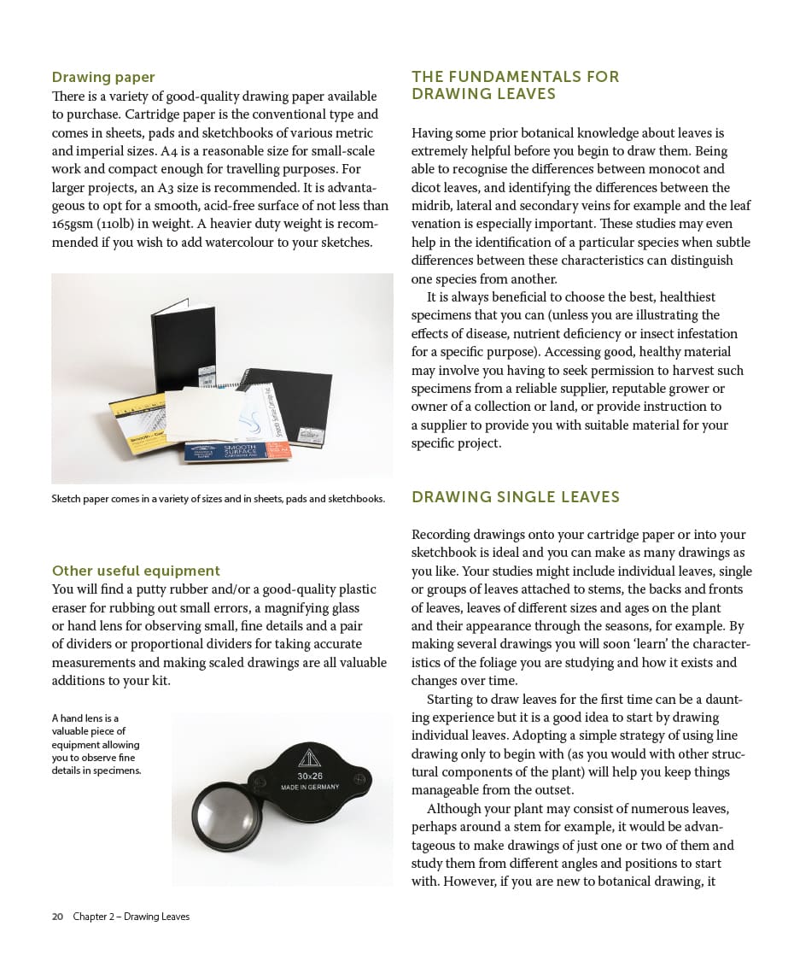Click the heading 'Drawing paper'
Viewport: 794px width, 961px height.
click(103, 78)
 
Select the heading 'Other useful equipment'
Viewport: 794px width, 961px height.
click(136, 571)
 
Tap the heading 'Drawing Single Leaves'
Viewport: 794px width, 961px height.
click(515, 497)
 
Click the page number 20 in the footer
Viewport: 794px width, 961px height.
click(57, 917)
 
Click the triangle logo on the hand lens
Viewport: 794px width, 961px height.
click(309, 758)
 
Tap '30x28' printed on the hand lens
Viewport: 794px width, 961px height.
click(309, 776)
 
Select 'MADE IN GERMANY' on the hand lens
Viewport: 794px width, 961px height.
click(310, 787)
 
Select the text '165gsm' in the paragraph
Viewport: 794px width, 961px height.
click(73, 224)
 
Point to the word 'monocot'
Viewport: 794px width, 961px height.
click(676, 169)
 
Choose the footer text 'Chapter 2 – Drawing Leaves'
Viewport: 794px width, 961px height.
click(131, 917)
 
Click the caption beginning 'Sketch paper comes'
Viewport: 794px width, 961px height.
click(218, 499)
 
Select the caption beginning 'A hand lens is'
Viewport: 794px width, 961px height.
click(96, 744)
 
